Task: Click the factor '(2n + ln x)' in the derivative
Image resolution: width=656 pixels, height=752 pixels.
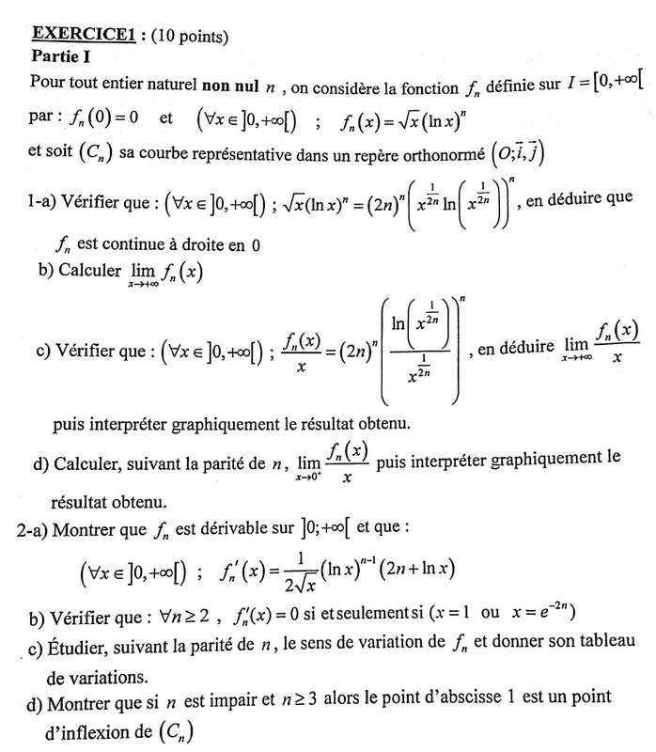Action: pyautogui.click(x=413, y=569)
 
